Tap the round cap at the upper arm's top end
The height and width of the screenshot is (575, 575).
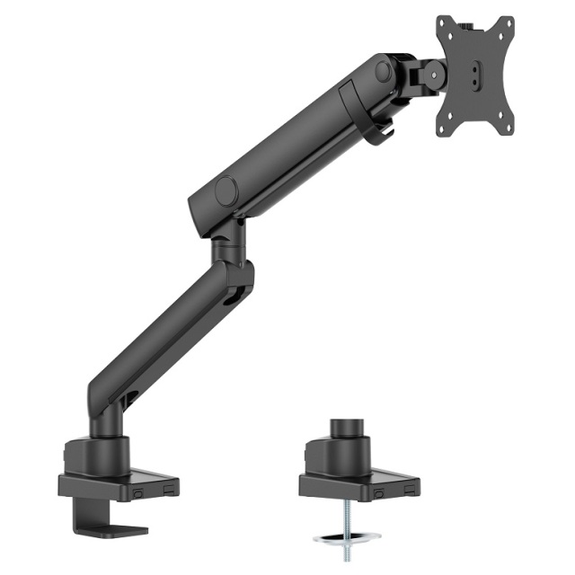coord(383,71)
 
